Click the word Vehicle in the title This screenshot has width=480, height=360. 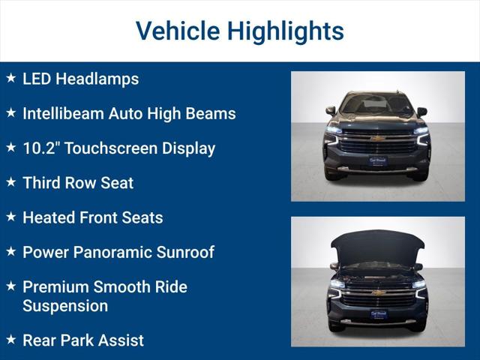pyautogui.click(x=177, y=31)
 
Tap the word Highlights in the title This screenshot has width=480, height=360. pyautogui.click(x=285, y=31)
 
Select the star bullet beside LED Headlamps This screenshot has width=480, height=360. pyautogui.click(x=10, y=78)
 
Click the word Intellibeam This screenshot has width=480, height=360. pyautogui.click(x=63, y=114)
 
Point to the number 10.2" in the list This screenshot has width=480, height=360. pyautogui.click(x=41, y=148)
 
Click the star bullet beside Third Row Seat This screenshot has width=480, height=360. pyautogui.click(x=10, y=181)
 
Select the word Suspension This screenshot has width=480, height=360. pyautogui.click(x=65, y=306)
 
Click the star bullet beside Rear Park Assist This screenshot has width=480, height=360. pyautogui.click(x=10, y=340)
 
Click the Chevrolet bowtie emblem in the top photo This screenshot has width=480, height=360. pyautogui.click(x=378, y=139)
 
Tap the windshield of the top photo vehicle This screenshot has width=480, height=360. pyautogui.click(x=377, y=104)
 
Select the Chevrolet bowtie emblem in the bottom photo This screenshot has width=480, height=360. pyautogui.click(x=378, y=292)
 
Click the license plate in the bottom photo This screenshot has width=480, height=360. pyautogui.click(x=378, y=314)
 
